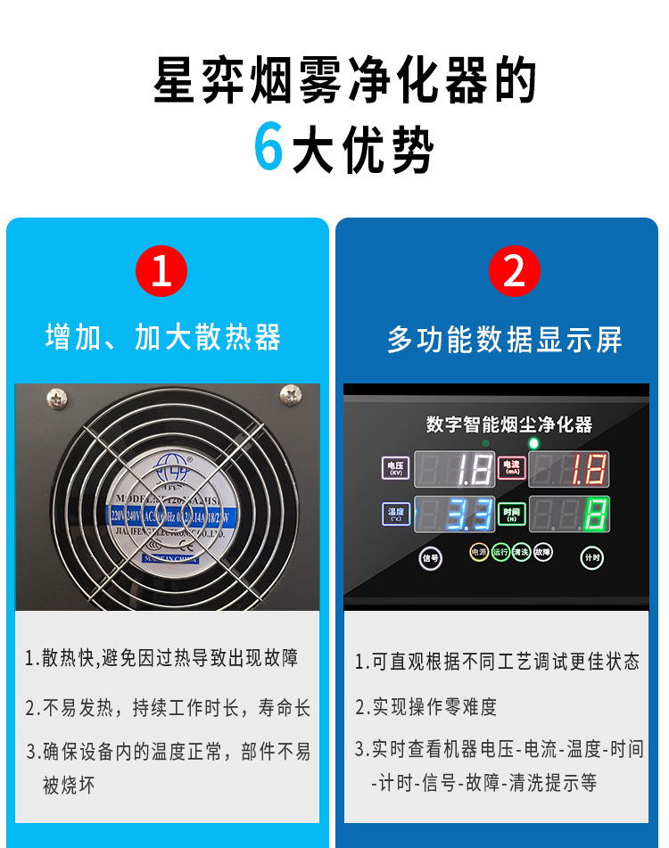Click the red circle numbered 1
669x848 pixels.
161,270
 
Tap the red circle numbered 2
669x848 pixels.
515,270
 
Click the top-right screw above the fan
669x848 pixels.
291,393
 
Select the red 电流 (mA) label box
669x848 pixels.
511,467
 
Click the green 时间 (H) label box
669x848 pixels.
511,514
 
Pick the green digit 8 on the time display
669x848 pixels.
596,515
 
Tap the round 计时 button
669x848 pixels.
591,557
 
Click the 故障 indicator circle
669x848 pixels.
543,552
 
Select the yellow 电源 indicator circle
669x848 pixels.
479,552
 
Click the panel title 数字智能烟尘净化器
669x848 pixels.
509,424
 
